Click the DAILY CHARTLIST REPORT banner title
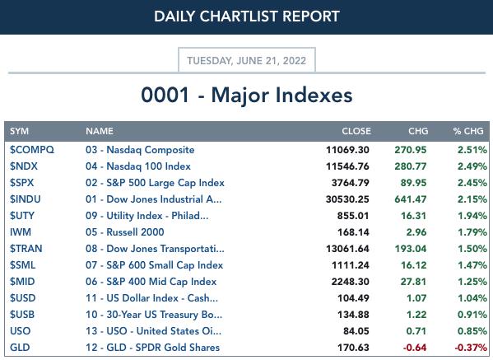pos(247,16)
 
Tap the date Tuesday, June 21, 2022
pos(247,60)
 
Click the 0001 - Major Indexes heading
pos(247,95)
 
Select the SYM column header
pos(19,131)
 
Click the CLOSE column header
pos(356,131)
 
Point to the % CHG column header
pos(468,131)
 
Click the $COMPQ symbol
pos(32,150)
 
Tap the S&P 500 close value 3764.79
pos(351,183)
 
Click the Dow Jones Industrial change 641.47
pos(411,199)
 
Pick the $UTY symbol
pos(21,216)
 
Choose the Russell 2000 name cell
pos(125,232)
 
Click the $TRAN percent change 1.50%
pos(472,249)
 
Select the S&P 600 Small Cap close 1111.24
pos(351,265)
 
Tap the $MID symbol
pos(22,282)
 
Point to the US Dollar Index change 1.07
pos(416,298)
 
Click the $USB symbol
pos(22,315)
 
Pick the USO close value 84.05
pos(356,331)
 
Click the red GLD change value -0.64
pos(415,348)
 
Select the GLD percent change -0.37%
pos(471,348)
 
